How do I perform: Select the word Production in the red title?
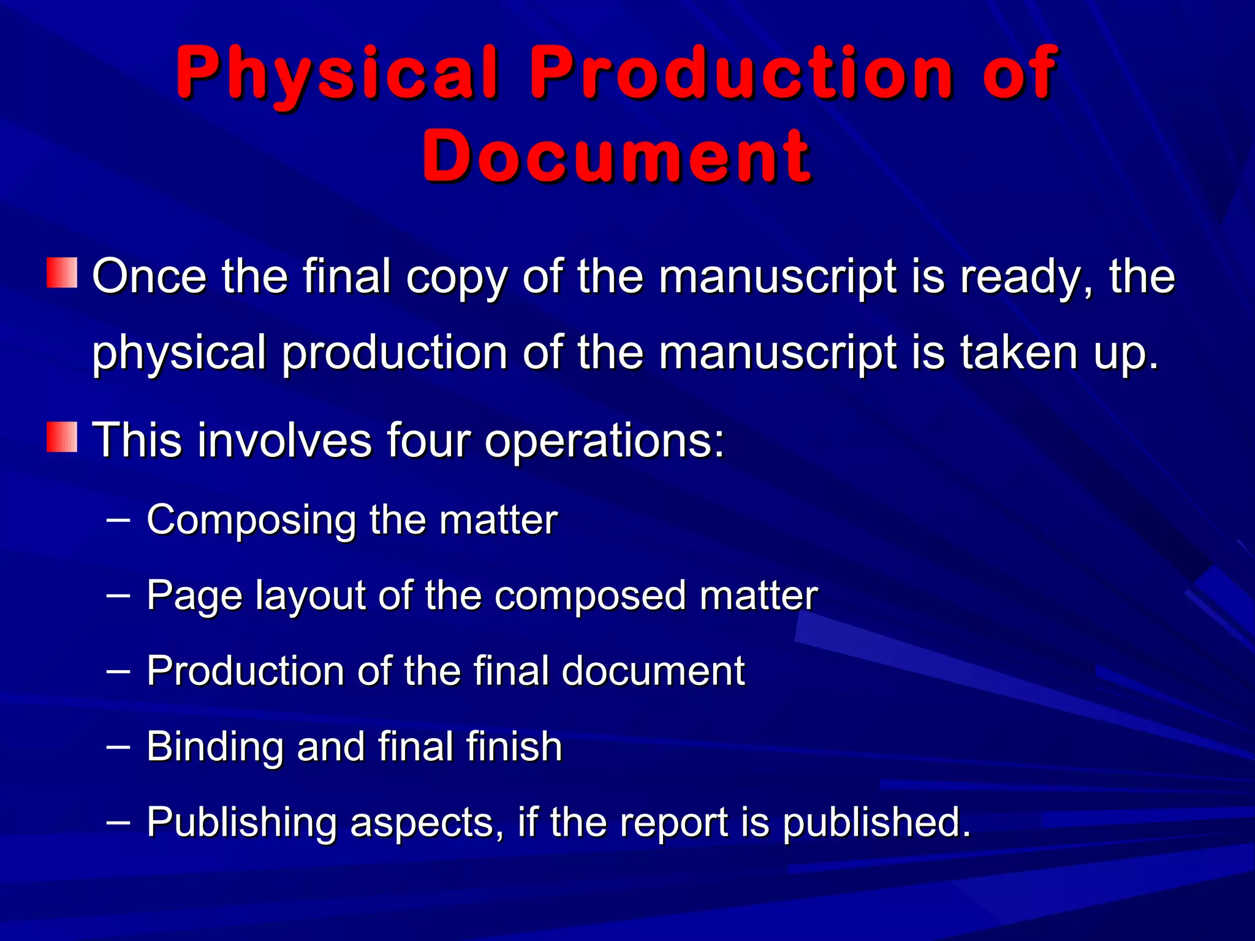point(742,74)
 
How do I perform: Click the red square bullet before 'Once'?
point(62,273)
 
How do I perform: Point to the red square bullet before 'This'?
point(62,437)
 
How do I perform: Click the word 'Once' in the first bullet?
point(149,277)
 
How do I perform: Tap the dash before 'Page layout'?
point(118,594)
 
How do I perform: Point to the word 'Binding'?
point(214,747)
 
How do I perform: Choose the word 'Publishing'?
point(241,823)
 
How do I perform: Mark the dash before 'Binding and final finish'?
point(118,745)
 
